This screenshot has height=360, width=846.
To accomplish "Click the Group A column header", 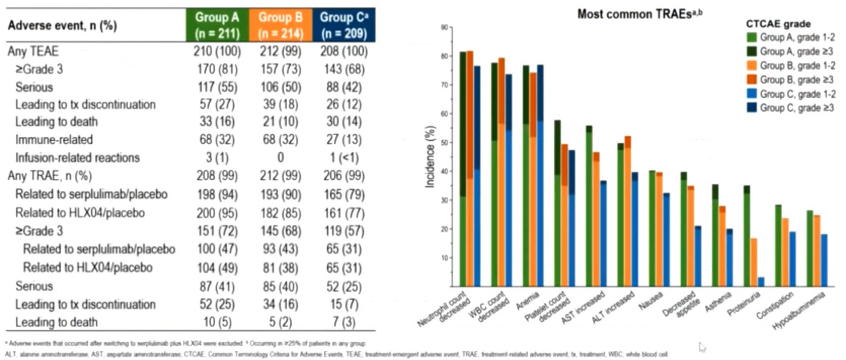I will click(x=217, y=25).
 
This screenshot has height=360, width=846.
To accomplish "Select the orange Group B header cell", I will click(x=280, y=25).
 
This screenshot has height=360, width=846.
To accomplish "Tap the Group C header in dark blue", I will click(x=344, y=25).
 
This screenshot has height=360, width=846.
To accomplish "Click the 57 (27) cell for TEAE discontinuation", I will click(x=217, y=104).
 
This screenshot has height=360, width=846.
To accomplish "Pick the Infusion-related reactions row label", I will click(x=78, y=157).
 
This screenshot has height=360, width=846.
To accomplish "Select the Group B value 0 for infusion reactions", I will click(x=280, y=157).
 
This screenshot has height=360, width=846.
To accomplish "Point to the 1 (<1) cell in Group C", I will click(x=344, y=157).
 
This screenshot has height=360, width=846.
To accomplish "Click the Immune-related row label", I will click(x=54, y=140).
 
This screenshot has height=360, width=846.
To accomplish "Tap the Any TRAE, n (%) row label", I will click(x=50, y=176).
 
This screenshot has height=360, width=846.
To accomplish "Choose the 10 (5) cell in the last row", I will click(x=217, y=322).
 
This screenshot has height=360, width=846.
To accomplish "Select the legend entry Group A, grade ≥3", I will click(x=796, y=51).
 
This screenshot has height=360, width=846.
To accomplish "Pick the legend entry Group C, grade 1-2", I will click(x=796, y=94).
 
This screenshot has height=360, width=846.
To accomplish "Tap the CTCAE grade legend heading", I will click(x=778, y=24).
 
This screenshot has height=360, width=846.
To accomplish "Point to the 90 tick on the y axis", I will click(x=444, y=28).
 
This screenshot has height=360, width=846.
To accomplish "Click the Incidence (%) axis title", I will click(x=430, y=156).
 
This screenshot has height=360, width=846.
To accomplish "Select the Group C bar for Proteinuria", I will click(x=761, y=282).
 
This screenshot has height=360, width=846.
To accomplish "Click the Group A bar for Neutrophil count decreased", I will click(x=463, y=170).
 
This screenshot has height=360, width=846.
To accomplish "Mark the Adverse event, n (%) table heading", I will click(x=62, y=25).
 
